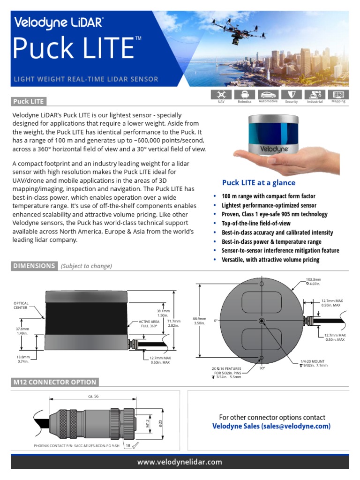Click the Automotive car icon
coord(268,95)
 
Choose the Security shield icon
coord(291,95)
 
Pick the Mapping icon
coord(338,95)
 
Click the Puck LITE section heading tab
coord(28,101)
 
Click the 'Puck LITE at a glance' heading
coord(259,182)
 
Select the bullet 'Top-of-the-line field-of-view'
coord(256,224)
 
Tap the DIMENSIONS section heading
coord(34,266)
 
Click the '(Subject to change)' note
coord(86,266)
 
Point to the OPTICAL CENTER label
coord(21,306)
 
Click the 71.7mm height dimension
coord(173,323)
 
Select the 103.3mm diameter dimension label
coord(313,281)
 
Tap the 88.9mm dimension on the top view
coord(200,320)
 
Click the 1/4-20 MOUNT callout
coord(314,363)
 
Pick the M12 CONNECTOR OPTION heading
coord(55,382)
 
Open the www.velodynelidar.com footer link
coord(180,462)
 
